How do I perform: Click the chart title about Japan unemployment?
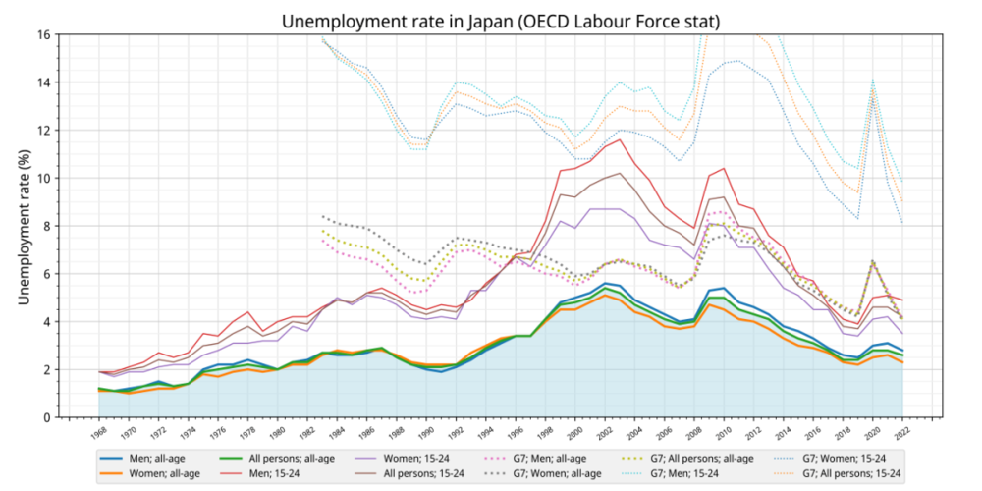coord(501,22)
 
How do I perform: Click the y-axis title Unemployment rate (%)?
coord(25,226)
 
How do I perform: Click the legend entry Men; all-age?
coord(140,458)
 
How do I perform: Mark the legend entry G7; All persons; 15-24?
coord(824,473)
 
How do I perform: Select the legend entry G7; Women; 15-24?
coord(819,458)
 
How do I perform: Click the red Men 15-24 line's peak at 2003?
coord(620,139)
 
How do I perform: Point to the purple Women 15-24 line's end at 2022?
coord(902,334)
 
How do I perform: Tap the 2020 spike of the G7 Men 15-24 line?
coord(872,80)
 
